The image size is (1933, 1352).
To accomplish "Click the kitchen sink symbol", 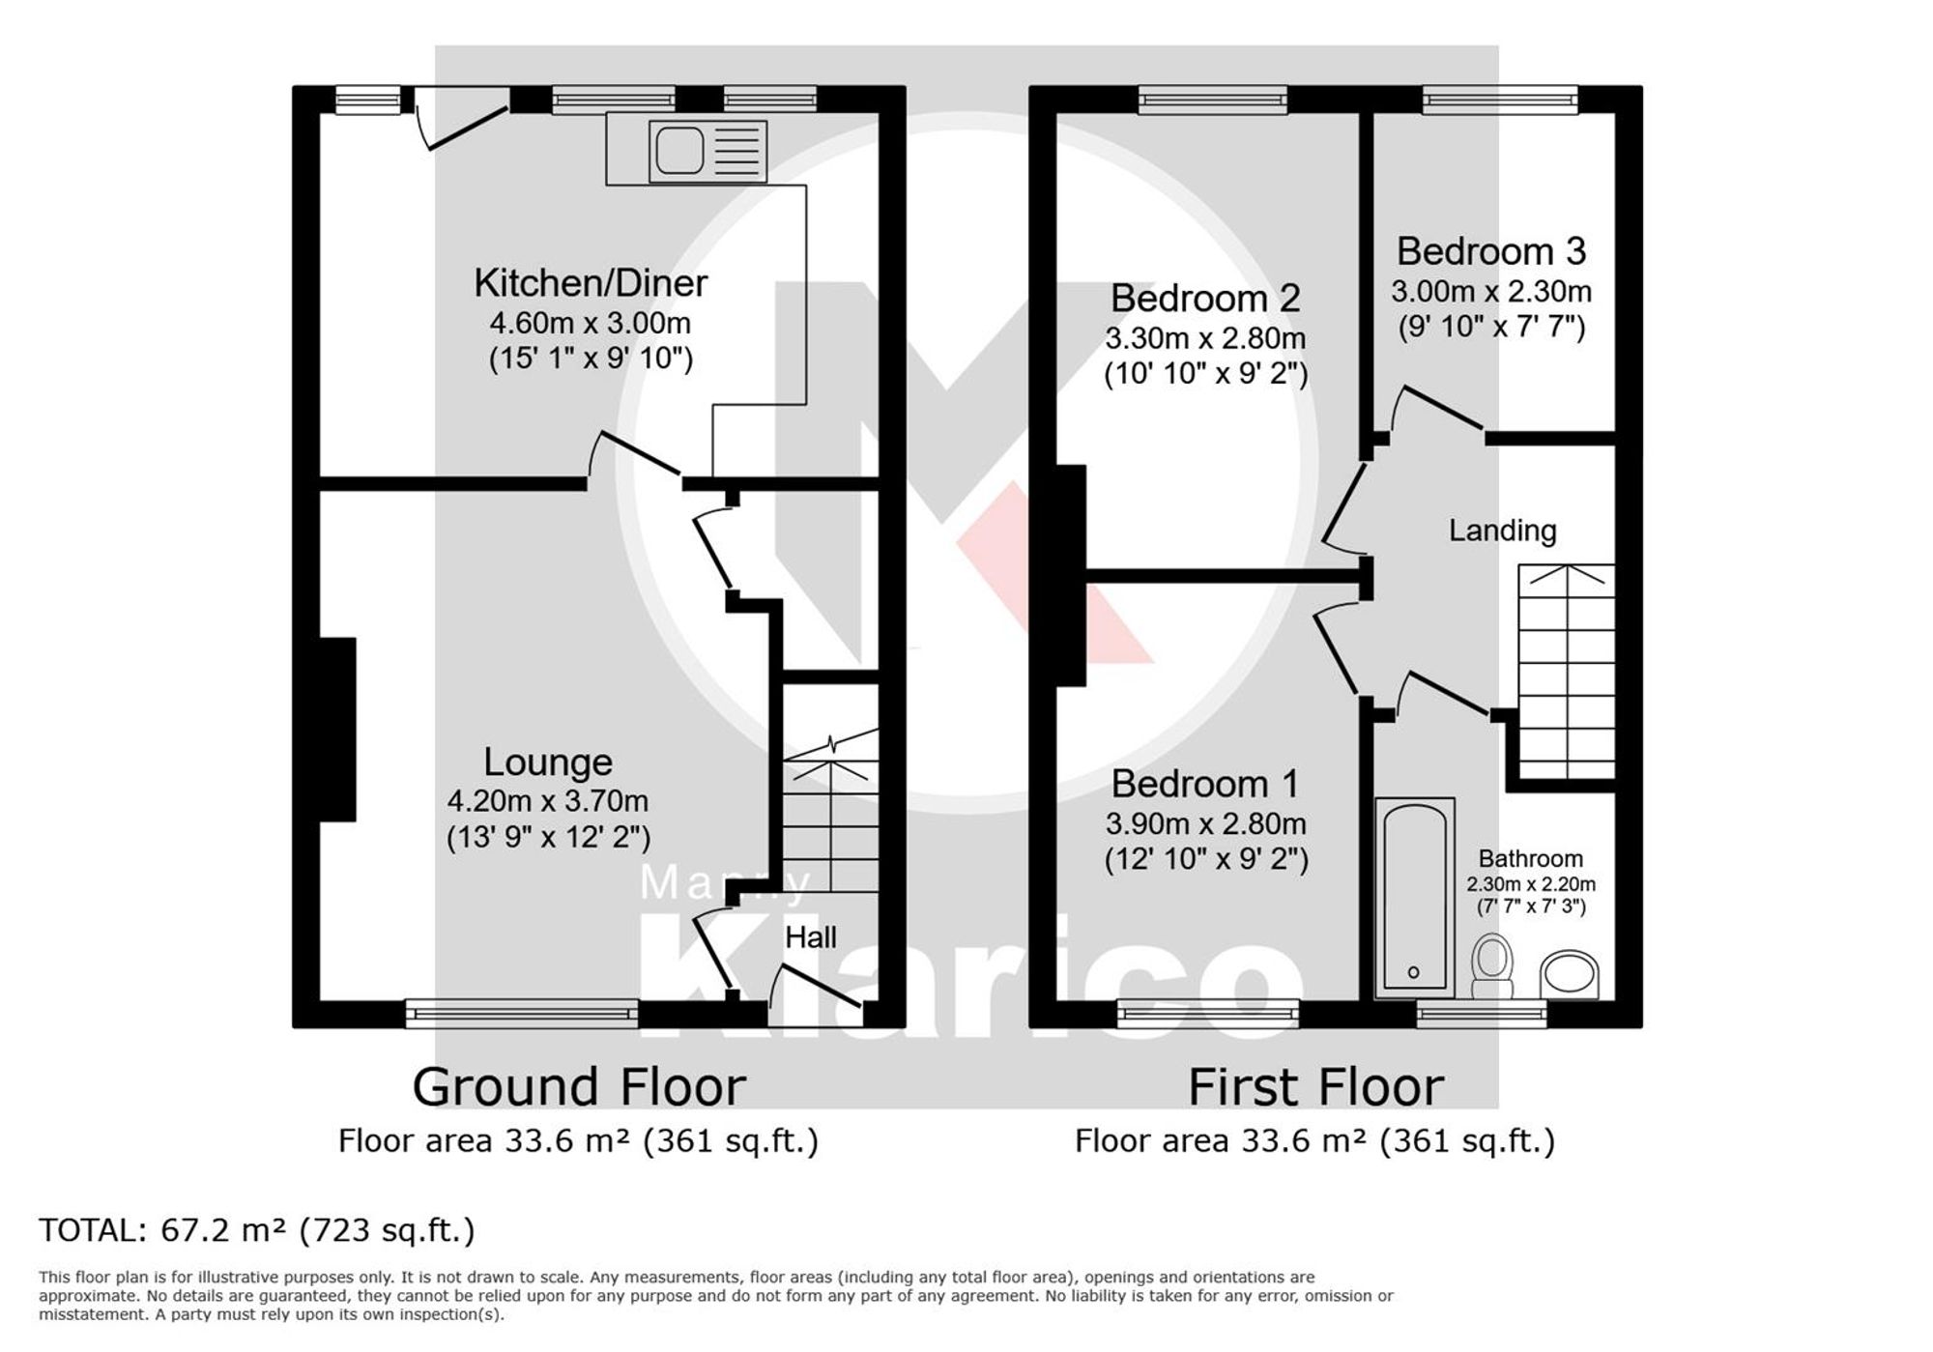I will [707, 151].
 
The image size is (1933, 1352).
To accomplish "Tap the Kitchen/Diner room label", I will [591, 283].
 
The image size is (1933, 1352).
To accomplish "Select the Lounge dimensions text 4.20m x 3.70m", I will [547, 801].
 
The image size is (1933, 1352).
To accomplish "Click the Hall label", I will [810, 937].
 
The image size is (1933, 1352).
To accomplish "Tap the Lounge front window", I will [521, 1013].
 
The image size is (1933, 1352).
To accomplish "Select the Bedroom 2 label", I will [1204, 299].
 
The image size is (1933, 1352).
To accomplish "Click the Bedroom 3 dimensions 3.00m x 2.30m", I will [1490, 291].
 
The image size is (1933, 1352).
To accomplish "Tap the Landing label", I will [1502, 531].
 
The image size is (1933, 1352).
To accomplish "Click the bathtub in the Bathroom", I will [1414, 897].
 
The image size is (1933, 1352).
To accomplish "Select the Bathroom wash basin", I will [1569, 974].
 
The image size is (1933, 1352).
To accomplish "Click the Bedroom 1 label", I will [1204, 784].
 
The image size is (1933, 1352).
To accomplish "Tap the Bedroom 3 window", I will [1499, 99].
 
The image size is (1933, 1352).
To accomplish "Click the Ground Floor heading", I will [579, 1087].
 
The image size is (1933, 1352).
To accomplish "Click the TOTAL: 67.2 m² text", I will [257, 1230].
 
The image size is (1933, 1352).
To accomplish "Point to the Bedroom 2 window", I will [1212, 99].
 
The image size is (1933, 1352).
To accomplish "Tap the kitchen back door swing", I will [464, 126].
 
